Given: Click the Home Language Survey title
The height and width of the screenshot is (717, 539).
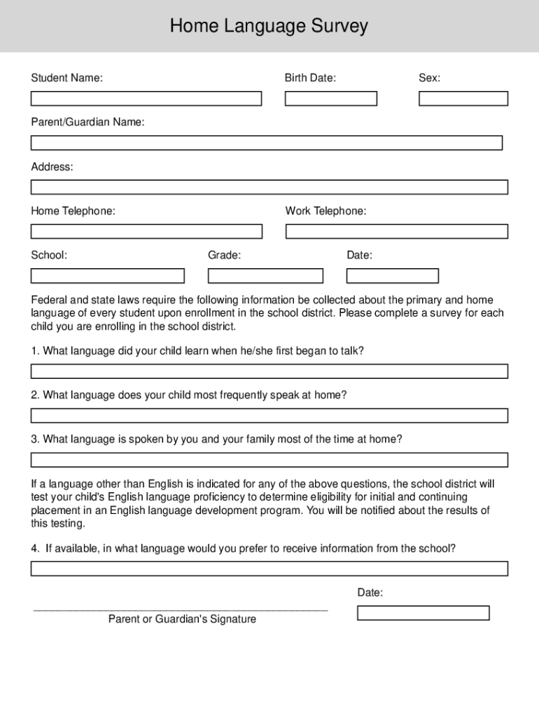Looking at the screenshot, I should tap(269, 27).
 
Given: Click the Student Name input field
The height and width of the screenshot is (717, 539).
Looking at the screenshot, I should tap(146, 99).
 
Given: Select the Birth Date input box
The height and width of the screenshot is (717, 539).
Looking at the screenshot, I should tap(330, 99).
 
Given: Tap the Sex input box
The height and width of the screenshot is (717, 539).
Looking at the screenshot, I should tap(463, 99).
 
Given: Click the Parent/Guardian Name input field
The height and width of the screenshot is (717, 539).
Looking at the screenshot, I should tap(266, 143).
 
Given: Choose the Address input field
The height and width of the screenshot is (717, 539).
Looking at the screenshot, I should tap(269, 187).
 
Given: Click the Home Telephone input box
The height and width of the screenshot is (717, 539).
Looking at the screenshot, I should tap(146, 231).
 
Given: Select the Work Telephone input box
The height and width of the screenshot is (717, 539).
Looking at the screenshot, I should tap(396, 231).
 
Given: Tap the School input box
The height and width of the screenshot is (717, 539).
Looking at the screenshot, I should tap(107, 276).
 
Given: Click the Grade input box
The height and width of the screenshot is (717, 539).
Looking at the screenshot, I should tap(265, 276).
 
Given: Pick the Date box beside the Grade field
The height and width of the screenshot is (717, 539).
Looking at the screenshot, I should tap(393, 276).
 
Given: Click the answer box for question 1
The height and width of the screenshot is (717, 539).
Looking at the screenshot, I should tap(269, 371).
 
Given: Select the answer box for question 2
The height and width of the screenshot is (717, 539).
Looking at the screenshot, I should tap(269, 416).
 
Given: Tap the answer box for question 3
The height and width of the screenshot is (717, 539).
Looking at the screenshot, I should tap(269, 460).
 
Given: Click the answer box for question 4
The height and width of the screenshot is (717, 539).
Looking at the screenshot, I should tap(269, 569).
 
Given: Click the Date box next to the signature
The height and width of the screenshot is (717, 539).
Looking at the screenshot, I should tap(423, 613).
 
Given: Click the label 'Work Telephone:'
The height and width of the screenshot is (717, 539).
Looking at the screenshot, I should tap(325, 211).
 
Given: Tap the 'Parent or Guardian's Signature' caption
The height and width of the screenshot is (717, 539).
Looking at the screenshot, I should tap(182, 620).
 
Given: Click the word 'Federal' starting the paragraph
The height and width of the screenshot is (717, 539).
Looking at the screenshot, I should tap(48, 300).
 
